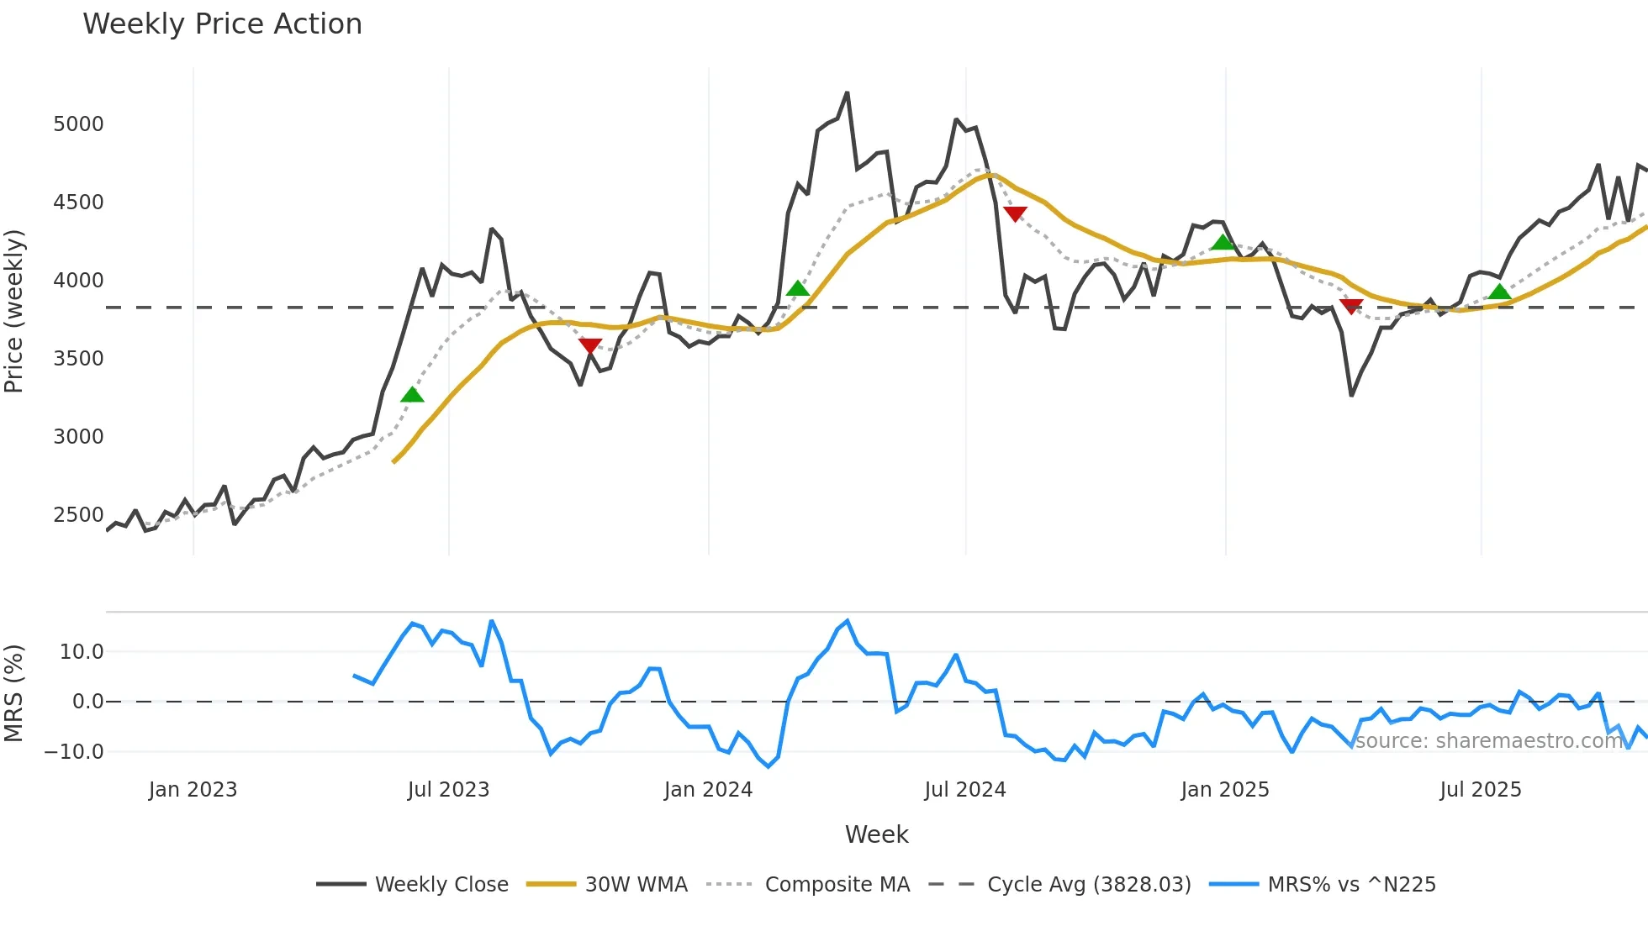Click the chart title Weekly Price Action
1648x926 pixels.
coord(222,24)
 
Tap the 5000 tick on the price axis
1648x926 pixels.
coord(78,124)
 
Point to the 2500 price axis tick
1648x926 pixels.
coord(78,515)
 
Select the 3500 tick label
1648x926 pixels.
coord(78,359)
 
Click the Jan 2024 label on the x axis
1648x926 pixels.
coord(708,790)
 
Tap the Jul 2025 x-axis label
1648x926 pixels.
coord(1480,790)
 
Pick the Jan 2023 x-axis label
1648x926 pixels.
coord(193,790)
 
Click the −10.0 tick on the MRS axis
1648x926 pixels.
coord(74,752)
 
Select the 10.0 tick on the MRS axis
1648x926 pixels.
coord(82,652)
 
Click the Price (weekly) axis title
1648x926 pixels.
coord(14,311)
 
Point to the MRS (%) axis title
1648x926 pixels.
coord(14,693)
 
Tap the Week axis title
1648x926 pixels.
coord(876,834)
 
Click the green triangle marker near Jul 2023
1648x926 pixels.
coord(412,395)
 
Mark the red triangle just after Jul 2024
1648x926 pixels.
coord(1015,214)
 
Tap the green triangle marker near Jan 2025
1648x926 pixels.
coord(1223,243)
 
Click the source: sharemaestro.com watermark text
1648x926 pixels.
coord(1488,741)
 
